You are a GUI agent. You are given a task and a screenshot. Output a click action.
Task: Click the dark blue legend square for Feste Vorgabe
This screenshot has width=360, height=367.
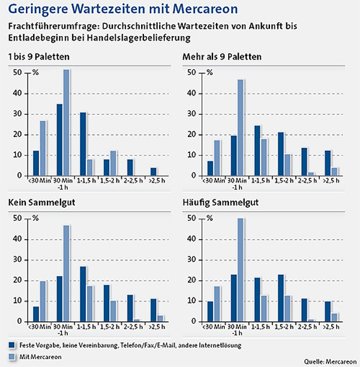click(x=11, y=345)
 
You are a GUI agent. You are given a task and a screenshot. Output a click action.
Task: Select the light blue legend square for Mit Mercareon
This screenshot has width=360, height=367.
click(x=11, y=356)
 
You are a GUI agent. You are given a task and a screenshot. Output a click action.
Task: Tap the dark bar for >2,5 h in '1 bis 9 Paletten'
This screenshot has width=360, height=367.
click(x=153, y=171)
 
